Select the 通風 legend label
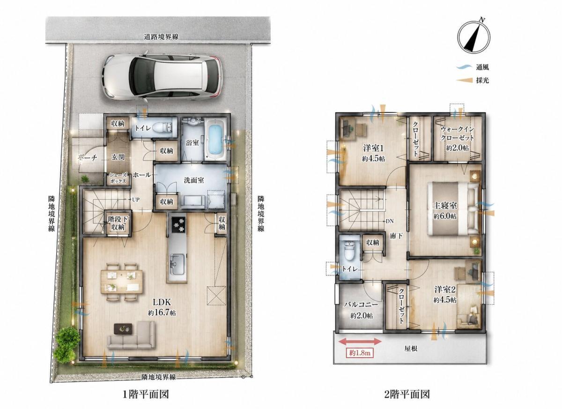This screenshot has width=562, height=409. [x=482, y=67]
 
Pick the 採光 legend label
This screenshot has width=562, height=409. [x=482, y=80]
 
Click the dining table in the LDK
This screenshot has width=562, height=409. [x=122, y=281]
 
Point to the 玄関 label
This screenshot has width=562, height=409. [x=118, y=157]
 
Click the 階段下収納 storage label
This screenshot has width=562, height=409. [x=118, y=223]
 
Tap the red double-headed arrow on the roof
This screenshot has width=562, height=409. [x=360, y=341]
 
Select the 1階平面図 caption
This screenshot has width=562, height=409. [x=146, y=394]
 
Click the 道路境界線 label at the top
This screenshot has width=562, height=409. [x=161, y=37]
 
